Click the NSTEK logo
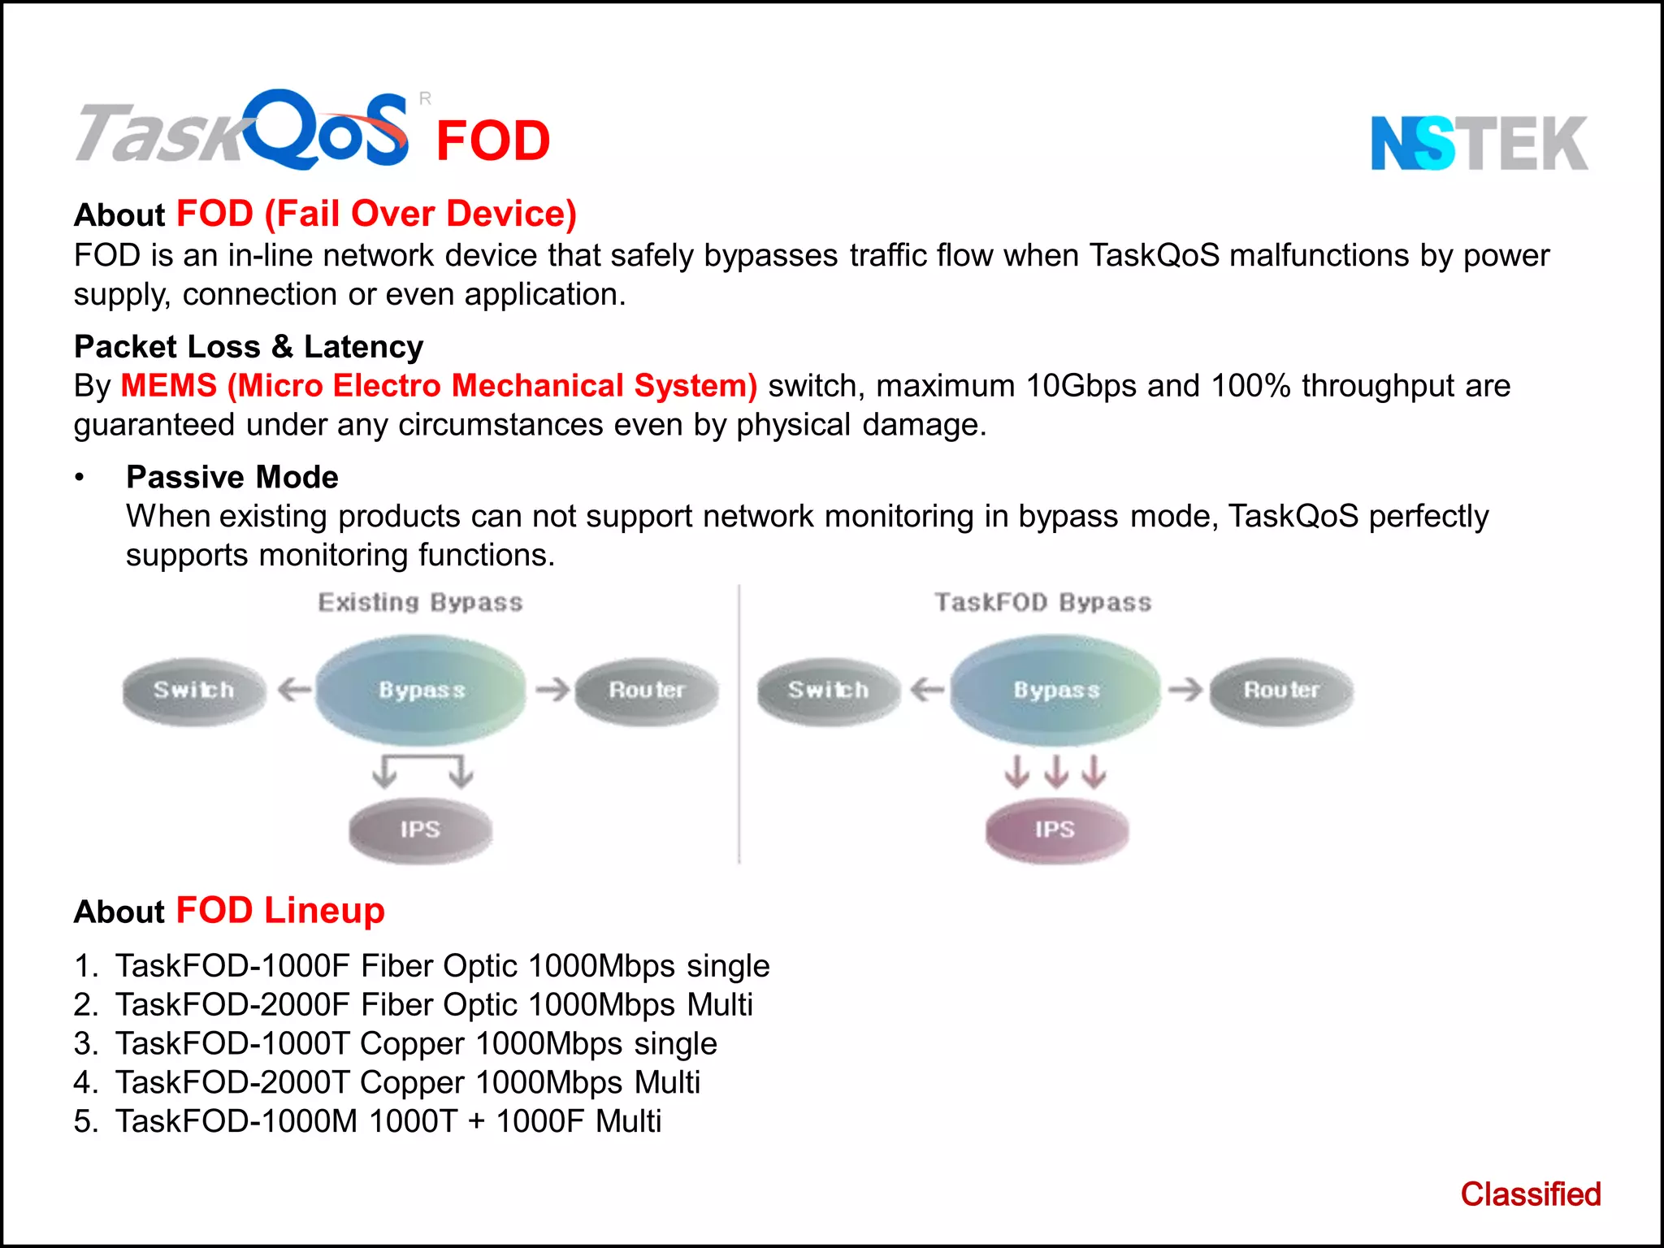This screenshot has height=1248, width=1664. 1479,143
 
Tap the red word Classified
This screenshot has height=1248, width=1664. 1530,1194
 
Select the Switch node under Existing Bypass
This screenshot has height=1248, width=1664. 194,691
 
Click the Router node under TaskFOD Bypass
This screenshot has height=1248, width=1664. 1281,691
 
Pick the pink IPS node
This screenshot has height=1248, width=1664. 1055,830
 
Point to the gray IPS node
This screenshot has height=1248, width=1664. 420,830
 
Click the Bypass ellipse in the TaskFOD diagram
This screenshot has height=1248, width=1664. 1055,691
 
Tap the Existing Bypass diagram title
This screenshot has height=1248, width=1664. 420,603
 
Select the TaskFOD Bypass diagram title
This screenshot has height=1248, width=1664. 1043,603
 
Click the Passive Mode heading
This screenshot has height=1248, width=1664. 232,477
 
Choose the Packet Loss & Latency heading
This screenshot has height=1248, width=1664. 249,347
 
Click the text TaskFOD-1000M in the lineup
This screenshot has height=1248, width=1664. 236,1121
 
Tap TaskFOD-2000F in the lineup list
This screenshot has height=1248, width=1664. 232,1005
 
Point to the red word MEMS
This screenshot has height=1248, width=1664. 169,385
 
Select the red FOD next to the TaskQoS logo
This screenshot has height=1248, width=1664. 493,141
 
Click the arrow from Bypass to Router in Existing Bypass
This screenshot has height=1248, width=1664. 552,691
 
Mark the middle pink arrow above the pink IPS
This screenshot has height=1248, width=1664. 1055,771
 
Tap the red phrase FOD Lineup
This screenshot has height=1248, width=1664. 280,911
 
